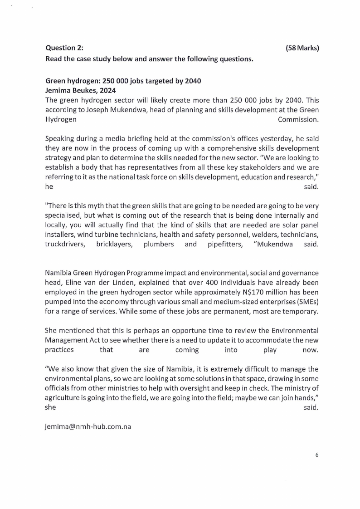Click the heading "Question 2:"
64,48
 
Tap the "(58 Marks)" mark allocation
302,48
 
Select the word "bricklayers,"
113,244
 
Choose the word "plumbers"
159,244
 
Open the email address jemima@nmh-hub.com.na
88,426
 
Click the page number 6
317,455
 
